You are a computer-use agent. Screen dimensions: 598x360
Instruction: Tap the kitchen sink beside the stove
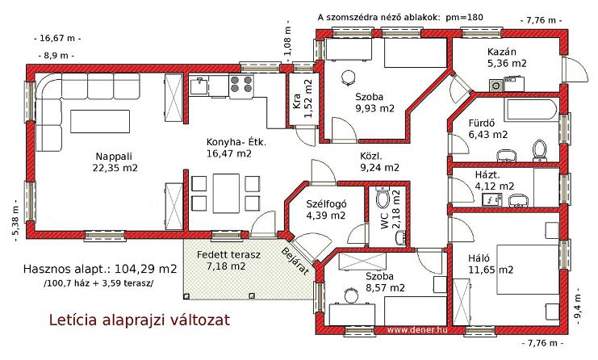(199, 85)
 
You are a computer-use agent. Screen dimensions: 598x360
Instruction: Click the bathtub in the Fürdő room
(532, 110)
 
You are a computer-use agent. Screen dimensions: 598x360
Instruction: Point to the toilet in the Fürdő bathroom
(539, 150)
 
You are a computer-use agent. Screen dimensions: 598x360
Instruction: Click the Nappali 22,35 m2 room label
(115, 161)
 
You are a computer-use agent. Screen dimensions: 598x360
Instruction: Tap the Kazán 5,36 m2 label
(507, 57)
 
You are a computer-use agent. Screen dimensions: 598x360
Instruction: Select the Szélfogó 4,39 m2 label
(326, 210)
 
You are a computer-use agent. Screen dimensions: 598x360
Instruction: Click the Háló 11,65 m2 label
(491, 264)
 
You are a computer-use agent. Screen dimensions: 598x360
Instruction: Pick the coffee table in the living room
(100, 121)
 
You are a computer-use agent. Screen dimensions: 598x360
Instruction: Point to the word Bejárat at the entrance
(295, 262)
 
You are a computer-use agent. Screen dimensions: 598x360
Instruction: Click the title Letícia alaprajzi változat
(140, 320)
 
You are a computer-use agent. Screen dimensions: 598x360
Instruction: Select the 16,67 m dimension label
(57, 38)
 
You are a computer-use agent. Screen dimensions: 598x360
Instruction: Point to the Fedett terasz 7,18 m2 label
(228, 260)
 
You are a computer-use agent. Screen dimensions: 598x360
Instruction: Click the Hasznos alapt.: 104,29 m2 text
(100, 269)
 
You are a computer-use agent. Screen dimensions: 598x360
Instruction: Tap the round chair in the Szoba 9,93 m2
(348, 78)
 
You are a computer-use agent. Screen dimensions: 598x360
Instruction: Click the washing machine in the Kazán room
(496, 86)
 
